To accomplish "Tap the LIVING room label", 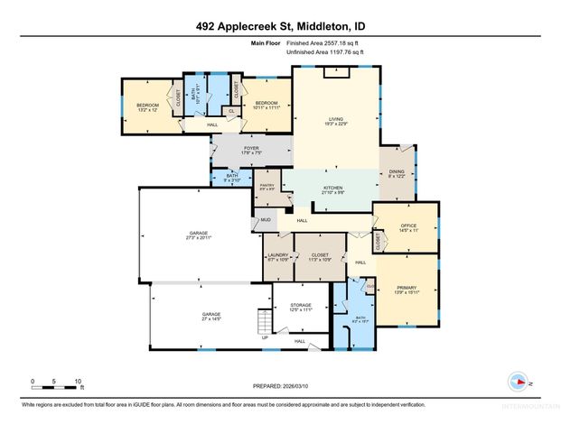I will [336, 119].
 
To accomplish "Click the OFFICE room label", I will [407, 227].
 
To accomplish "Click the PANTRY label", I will [267, 187].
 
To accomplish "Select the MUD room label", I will [266, 219].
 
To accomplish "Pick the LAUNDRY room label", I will [278, 257].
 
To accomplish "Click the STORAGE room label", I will [301, 307].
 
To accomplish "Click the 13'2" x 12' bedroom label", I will [147, 107].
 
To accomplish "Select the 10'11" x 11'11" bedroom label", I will [266, 106].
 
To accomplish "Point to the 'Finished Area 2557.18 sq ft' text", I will [328, 42].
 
